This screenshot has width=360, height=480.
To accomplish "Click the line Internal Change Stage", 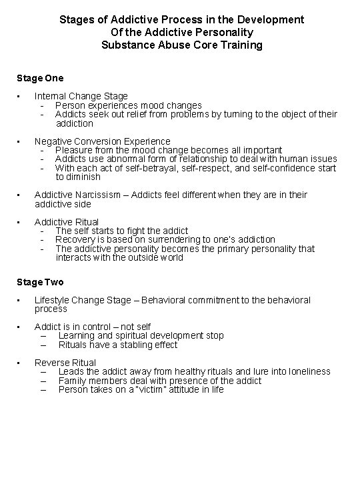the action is (81, 96).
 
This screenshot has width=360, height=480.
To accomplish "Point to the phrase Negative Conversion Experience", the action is (102, 141).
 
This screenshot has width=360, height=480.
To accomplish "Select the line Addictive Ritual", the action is (66, 221).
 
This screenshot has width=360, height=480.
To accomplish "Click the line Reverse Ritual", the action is (65, 363).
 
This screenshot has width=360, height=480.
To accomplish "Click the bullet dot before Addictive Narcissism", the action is (20, 195).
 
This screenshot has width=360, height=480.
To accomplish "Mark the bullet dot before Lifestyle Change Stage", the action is (20, 300).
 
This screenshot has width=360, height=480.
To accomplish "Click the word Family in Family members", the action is (72, 381).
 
